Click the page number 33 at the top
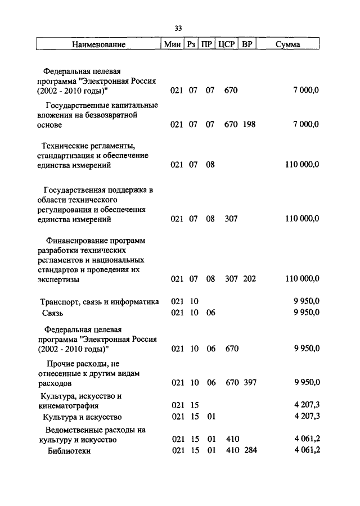179,28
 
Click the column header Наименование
98,44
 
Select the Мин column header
171,44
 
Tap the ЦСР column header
226,44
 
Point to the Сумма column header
287,44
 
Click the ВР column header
246,44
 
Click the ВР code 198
249,124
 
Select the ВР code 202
249,279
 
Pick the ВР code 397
249,383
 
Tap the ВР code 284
249,451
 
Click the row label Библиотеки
69,451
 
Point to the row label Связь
51,313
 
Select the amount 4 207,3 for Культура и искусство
306,417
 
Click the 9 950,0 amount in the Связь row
306,313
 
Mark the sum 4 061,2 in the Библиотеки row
306,451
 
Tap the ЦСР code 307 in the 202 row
231,279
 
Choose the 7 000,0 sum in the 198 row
306,124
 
